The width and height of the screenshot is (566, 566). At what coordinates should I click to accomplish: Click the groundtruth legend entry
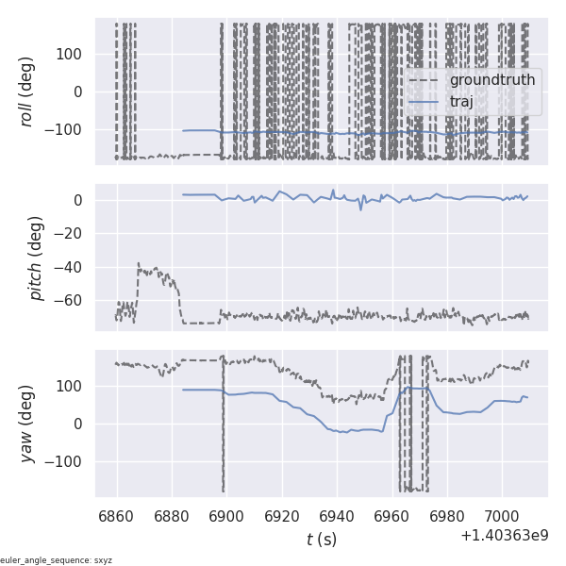(491, 80)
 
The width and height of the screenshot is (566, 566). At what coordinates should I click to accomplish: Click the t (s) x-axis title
(322, 540)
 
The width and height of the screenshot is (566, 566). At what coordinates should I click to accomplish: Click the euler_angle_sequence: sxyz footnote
(57, 560)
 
